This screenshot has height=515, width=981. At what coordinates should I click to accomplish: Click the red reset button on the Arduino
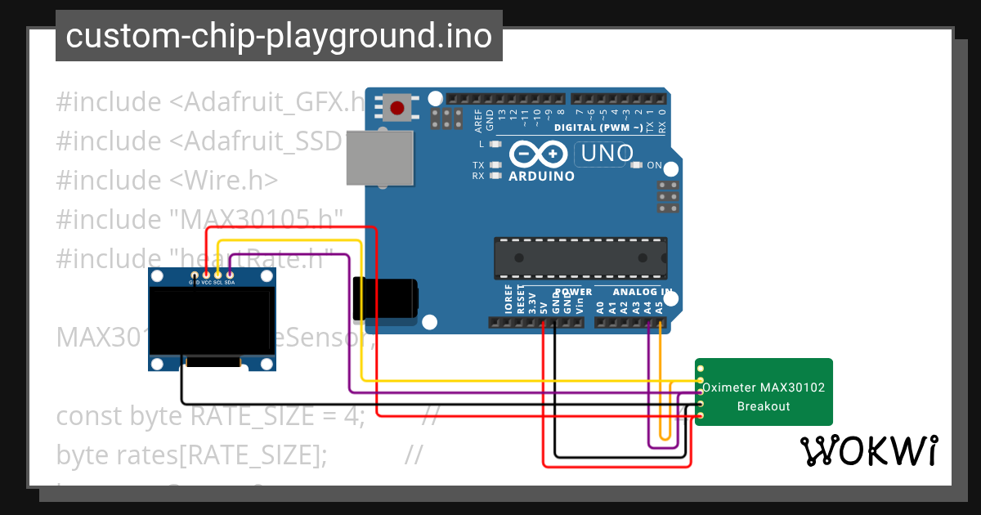397,108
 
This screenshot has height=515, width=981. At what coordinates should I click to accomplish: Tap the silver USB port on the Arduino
381,159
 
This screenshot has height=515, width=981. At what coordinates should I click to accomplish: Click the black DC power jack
384,298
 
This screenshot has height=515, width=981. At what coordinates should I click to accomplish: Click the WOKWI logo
868,450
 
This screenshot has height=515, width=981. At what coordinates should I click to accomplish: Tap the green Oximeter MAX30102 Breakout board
764,392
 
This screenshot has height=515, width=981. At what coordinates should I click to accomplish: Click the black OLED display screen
211,322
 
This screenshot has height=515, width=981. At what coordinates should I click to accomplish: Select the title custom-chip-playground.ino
279,36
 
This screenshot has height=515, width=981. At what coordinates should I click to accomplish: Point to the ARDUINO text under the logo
541,176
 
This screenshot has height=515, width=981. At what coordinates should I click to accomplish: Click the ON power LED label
654,165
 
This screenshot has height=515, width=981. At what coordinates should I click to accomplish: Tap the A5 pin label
659,307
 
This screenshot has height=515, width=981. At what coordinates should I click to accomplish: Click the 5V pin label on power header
544,307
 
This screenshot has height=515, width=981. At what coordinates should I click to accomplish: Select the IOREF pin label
508,300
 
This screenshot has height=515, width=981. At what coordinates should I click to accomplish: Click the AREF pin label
478,121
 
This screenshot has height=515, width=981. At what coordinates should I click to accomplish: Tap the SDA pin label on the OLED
230,282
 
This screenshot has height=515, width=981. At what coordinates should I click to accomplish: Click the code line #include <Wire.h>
167,180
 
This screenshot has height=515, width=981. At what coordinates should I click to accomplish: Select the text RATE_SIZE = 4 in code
276,416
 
